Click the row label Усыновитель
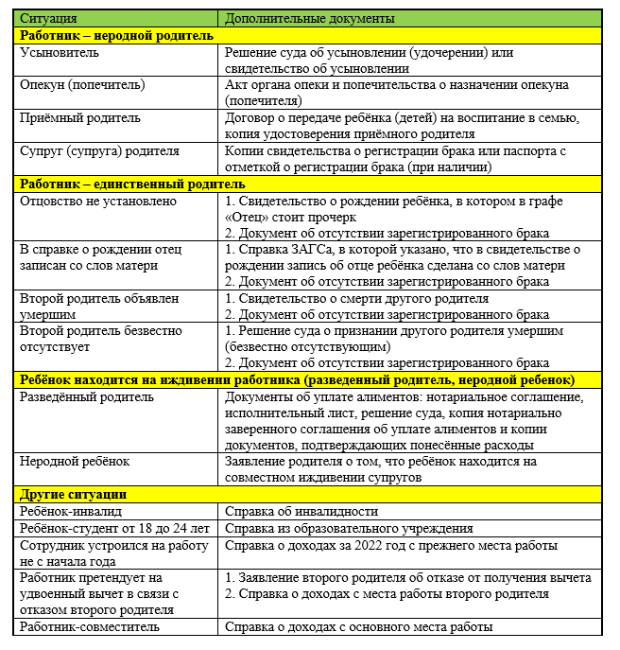(60, 52)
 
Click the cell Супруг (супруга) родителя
(98, 151)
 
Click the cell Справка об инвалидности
(301, 512)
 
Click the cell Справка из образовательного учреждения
(349, 529)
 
